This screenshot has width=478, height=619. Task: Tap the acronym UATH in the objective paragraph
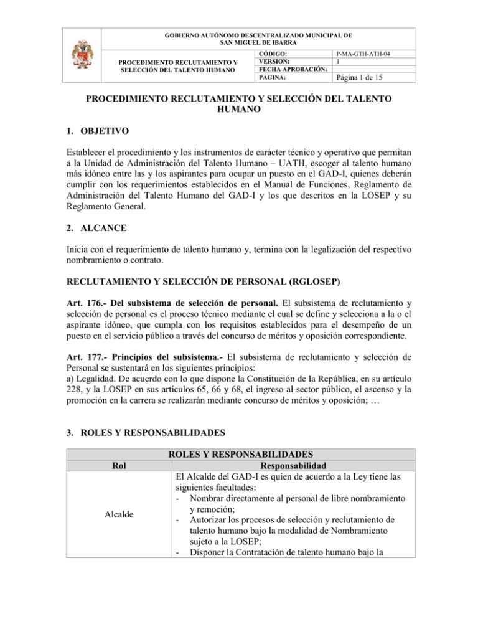319,167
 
